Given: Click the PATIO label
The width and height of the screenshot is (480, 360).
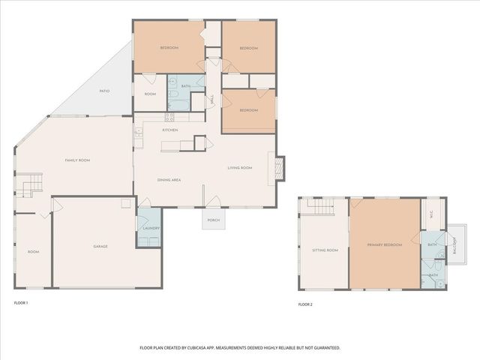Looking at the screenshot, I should tap(104, 91).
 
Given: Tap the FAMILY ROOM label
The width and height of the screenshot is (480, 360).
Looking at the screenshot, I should tap(77, 160).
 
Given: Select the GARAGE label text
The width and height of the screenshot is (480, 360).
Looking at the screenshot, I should tap(100, 247).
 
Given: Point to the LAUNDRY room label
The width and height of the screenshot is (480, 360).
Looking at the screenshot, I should tap(148, 228).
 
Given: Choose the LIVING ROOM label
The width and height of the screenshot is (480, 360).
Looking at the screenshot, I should tap(240, 168).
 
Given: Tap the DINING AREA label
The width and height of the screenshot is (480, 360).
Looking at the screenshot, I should tap(169, 180).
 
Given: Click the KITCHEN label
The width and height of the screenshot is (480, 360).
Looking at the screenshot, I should tap(170, 130).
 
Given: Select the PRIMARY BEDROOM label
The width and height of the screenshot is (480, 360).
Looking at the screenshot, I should tap(385, 245).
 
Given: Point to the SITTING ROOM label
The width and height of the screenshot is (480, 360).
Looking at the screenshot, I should tap(325, 250).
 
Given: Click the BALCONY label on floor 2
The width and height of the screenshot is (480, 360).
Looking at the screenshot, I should tap(454, 245).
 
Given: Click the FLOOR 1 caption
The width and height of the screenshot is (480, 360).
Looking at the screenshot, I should tap(21, 303).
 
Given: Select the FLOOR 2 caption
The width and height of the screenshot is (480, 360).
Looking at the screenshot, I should tap(305, 304).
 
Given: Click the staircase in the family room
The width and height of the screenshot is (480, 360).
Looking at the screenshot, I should tap(29, 184).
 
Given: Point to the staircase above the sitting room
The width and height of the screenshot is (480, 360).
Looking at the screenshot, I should tap(323, 206).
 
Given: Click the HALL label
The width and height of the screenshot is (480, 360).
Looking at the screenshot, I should tap(213, 99).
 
